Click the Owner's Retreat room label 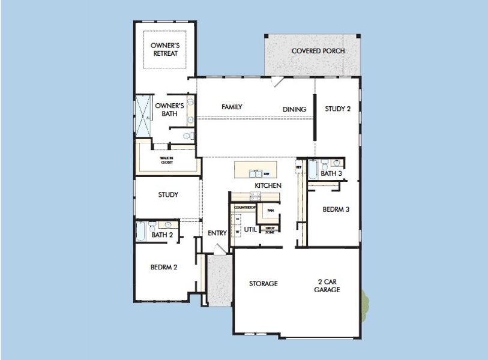point(165,49)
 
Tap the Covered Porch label point(318,51)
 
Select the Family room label point(232,107)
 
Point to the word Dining point(295,109)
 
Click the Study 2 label point(337,109)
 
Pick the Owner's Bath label point(169,109)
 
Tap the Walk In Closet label point(167,160)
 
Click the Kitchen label point(268,185)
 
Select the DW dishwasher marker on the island point(267,173)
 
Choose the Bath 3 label point(331,173)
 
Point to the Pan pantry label point(271,211)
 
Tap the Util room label point(250,229)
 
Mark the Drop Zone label point(270,230)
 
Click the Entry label point(217,233)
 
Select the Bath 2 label point(162,235)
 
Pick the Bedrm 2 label point(163,267)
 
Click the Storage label point(264,283)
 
